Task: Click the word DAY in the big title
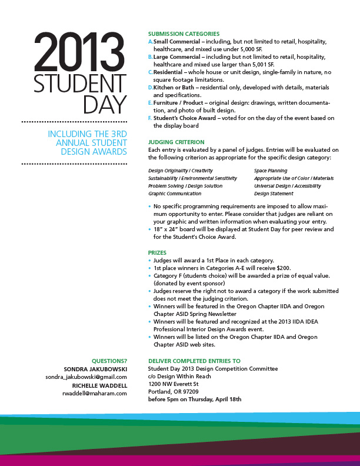coord(105,104)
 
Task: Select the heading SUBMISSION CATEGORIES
coord(184,34)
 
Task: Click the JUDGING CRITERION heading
coord(176,142)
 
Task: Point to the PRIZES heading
coord(158,252)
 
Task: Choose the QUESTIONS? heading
coord(109,361)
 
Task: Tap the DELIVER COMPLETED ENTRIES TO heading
coord(194,361)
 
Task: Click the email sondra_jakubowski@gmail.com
coord(86,377)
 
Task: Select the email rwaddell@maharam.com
coord(98,394)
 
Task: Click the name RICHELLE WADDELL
coord(99,385)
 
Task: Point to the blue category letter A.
coord(150,42)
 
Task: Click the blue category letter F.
coord(150,118)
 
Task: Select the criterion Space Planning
coord(271,171)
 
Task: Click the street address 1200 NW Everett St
coord(174,384)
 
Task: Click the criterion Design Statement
coord(274,194)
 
